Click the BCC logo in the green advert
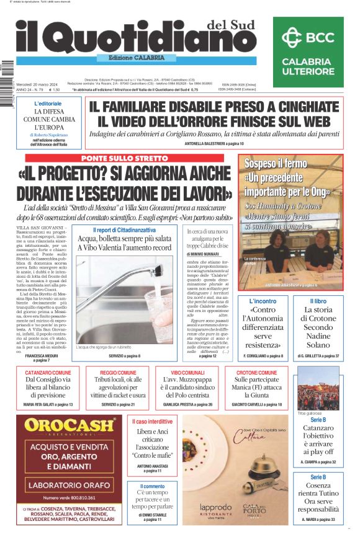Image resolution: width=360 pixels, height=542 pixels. (x=307, y=37)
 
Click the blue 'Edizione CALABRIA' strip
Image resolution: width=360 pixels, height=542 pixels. (x=131, y=58)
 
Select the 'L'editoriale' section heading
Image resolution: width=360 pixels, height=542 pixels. (x=48, y=104)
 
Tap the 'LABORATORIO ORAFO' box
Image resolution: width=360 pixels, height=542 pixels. (x=70, y=484)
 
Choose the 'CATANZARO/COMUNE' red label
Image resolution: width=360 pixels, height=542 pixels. (x=48, y=373)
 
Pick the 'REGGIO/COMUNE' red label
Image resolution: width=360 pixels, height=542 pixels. (x=121, y=373)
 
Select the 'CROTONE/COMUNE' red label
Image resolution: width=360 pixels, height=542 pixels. (x=257, y=373)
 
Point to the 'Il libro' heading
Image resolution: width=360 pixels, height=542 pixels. (x=326, y=301)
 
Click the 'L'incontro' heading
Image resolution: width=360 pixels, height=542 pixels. (x=266, y=301)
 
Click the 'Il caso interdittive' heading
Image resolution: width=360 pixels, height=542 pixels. (x=151, y=422)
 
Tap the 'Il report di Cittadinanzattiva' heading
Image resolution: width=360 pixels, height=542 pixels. (x=124, y=230)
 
